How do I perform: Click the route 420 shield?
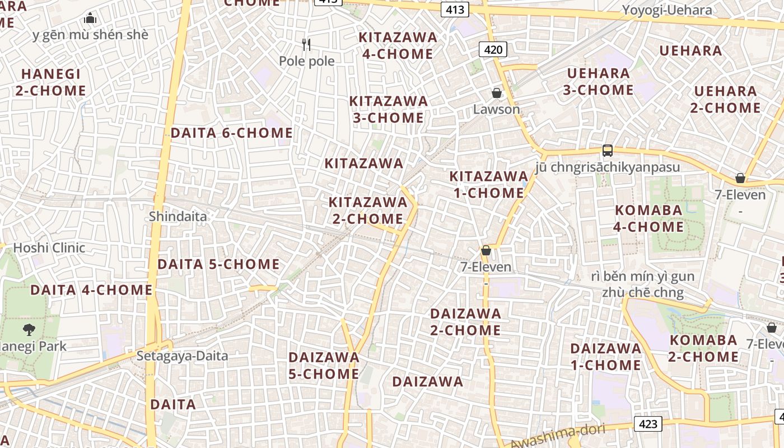493,50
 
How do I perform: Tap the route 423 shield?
648,423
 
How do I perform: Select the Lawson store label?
497,109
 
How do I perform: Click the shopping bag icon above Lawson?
497,93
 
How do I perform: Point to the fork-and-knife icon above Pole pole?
306,45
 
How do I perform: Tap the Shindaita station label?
178,216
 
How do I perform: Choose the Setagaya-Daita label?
183,356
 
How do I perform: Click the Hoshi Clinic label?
49,248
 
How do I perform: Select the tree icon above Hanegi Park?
29,330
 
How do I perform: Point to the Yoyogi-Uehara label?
668,10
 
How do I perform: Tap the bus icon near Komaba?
608,150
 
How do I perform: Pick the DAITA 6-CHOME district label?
231,133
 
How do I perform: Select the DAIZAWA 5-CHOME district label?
324,365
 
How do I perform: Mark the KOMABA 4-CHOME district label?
649,218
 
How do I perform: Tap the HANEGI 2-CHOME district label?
51,82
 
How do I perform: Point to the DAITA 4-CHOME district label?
91,290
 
